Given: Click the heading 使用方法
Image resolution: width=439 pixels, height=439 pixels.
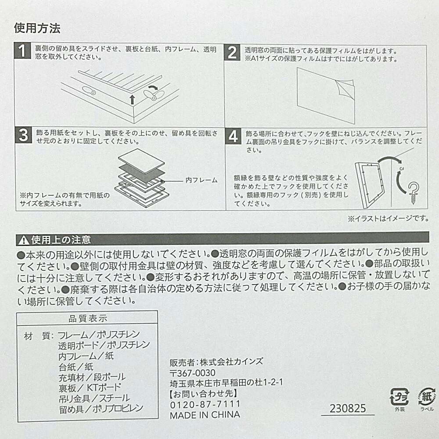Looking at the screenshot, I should (37, 29).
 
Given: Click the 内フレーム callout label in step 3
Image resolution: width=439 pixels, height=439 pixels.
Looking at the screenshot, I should (201, 180).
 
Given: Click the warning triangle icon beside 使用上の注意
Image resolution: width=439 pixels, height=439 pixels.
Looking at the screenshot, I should (23, 240).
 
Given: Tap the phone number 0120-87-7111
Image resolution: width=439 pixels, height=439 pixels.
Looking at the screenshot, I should (205, 403).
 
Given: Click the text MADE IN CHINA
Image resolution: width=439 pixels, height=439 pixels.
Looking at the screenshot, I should (205, 415).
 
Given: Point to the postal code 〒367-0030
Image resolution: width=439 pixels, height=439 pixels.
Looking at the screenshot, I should (192, 373).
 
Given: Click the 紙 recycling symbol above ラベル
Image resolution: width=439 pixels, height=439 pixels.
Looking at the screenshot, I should (425, 396).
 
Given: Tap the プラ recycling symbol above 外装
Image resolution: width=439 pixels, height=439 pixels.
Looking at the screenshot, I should (399, 396).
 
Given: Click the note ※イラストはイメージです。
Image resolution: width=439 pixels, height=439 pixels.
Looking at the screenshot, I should (388, 218).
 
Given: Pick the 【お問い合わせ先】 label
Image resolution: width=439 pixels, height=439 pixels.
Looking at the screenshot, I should (203, 393).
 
